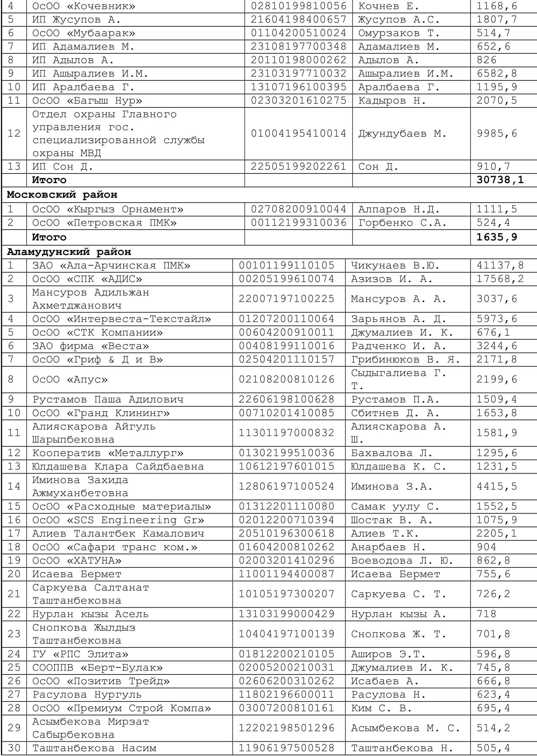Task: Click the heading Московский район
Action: point(62,195)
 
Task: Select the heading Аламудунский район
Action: point(69,252)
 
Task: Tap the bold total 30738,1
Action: point(500,180)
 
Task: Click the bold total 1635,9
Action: point(497,237)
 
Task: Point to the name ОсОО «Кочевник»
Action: point(84,6)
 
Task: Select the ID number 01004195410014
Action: point(298,133)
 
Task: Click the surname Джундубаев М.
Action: point(402,133)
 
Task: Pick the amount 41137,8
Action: point(500,266)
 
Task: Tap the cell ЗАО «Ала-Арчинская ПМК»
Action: point(111,266)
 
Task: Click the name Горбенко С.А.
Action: point(402,223)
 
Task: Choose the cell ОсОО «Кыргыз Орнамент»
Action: point(108,209)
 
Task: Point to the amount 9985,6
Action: point(497,133)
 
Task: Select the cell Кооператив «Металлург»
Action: point(108,453)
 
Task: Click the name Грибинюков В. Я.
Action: point(405,359)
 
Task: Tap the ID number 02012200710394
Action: point(286,520)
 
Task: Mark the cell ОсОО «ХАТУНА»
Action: point(77,560)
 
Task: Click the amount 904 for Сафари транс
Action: point(487,547)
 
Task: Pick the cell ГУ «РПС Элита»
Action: point(80,654)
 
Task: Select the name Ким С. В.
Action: point(381,708)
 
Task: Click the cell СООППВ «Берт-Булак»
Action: point(98,668)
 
